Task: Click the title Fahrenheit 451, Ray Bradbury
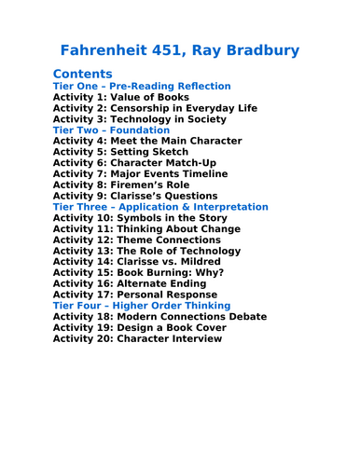click(179, 49)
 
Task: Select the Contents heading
click(83, 74)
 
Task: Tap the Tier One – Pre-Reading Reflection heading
click(142, 86)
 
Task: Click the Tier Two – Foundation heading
click(112, 130)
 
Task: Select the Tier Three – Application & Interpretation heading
click(160, 207)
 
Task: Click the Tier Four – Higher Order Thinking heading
click(142, 306)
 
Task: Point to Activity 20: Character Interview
click(138, 338)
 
